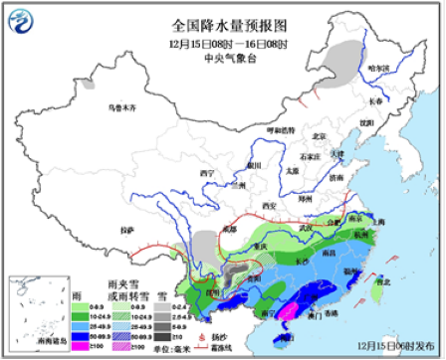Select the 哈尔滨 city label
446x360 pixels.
tap(378, 68)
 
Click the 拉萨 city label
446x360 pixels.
tap(125, 230)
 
